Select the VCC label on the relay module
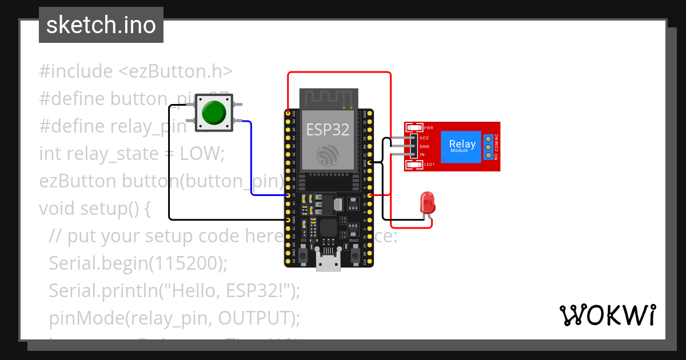424,138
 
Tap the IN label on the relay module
422,155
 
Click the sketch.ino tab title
101,26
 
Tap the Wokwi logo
608,315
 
